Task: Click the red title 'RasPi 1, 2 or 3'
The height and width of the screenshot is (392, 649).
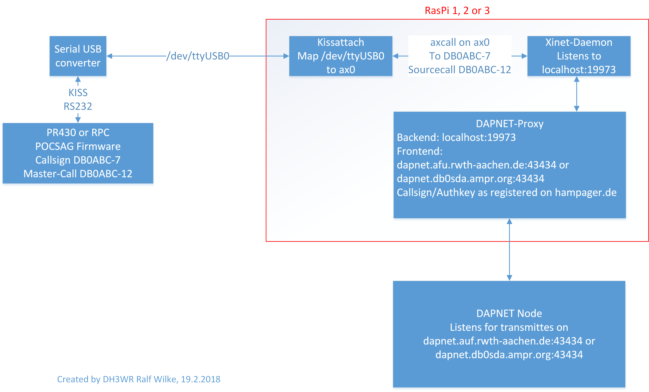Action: (457, 11)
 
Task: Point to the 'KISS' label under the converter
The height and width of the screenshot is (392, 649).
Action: (78, 93)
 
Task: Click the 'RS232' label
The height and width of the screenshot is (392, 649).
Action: (78, 106)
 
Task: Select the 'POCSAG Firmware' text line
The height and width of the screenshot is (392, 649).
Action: (78, 146)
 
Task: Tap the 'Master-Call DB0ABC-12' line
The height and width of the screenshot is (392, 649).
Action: (78, 174)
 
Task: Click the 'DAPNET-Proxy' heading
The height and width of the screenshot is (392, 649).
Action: (509, 124)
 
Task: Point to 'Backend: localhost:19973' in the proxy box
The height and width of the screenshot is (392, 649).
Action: (456, 137)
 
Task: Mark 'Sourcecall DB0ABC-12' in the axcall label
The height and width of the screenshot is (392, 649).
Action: (460, 70)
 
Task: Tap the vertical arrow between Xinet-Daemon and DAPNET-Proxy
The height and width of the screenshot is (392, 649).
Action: (577, 94)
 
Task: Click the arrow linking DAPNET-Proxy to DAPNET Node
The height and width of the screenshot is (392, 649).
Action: (509, 250)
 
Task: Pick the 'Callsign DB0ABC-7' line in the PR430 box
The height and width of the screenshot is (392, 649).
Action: (78, 160)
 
